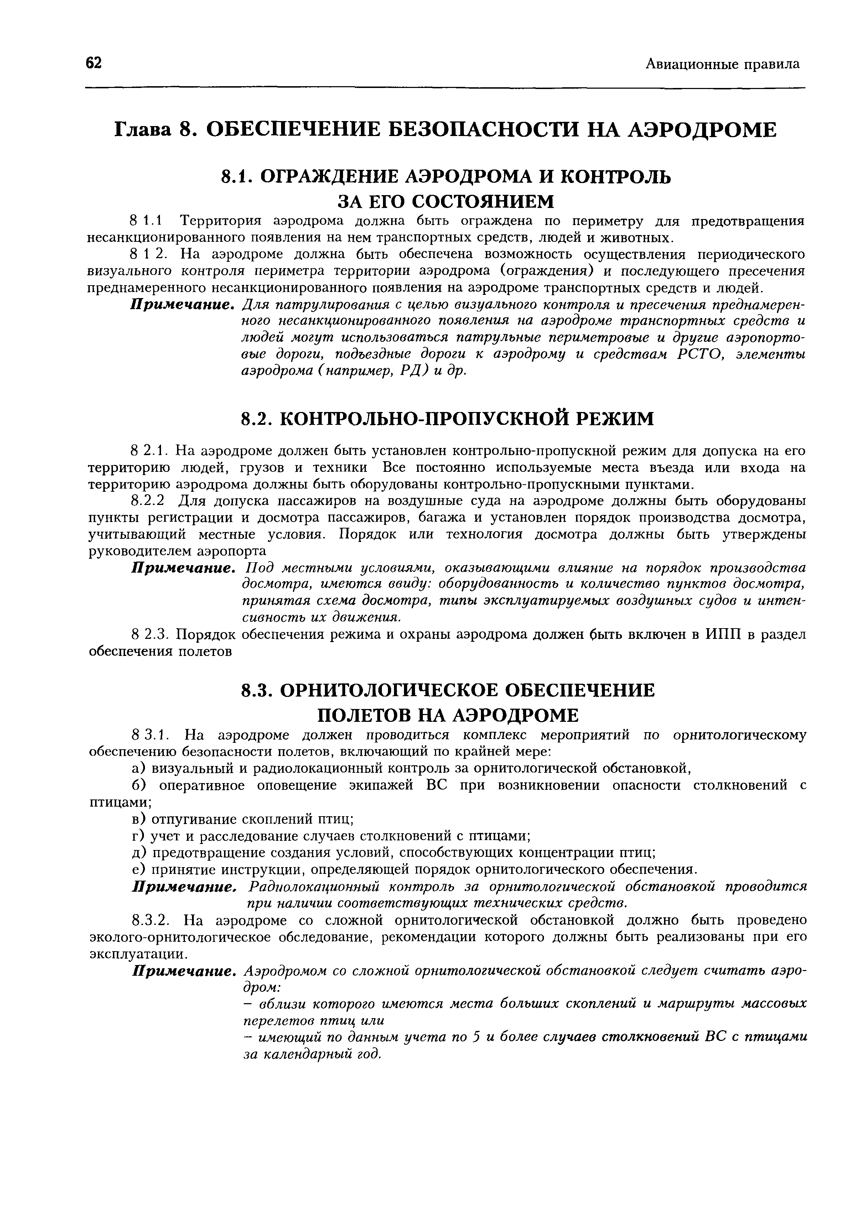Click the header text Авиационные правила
723,64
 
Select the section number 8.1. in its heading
237,177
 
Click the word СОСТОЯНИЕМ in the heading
483,201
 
